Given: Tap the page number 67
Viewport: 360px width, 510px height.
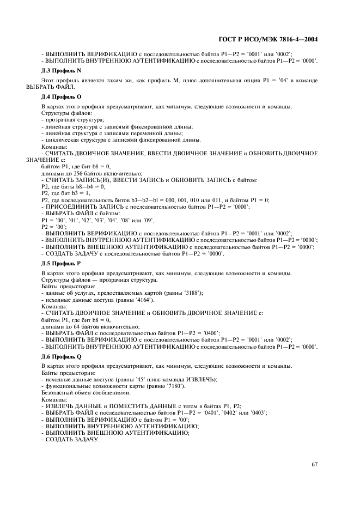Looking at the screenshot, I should click(314, 464).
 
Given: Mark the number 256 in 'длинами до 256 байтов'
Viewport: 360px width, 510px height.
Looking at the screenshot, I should click(74, 173).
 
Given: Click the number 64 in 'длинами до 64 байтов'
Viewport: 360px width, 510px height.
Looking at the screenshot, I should click(72, 326).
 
